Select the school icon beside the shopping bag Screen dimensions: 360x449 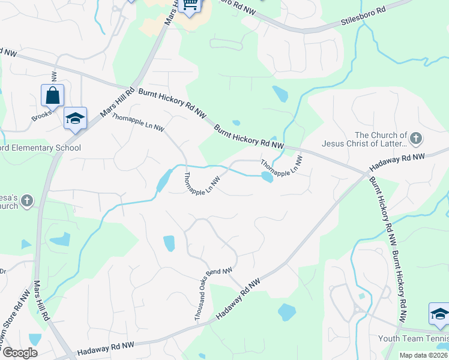76,119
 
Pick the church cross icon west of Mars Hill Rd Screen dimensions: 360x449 27,202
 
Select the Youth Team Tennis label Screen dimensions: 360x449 413,339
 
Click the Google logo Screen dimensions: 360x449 20,352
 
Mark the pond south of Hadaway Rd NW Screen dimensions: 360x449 287,312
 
